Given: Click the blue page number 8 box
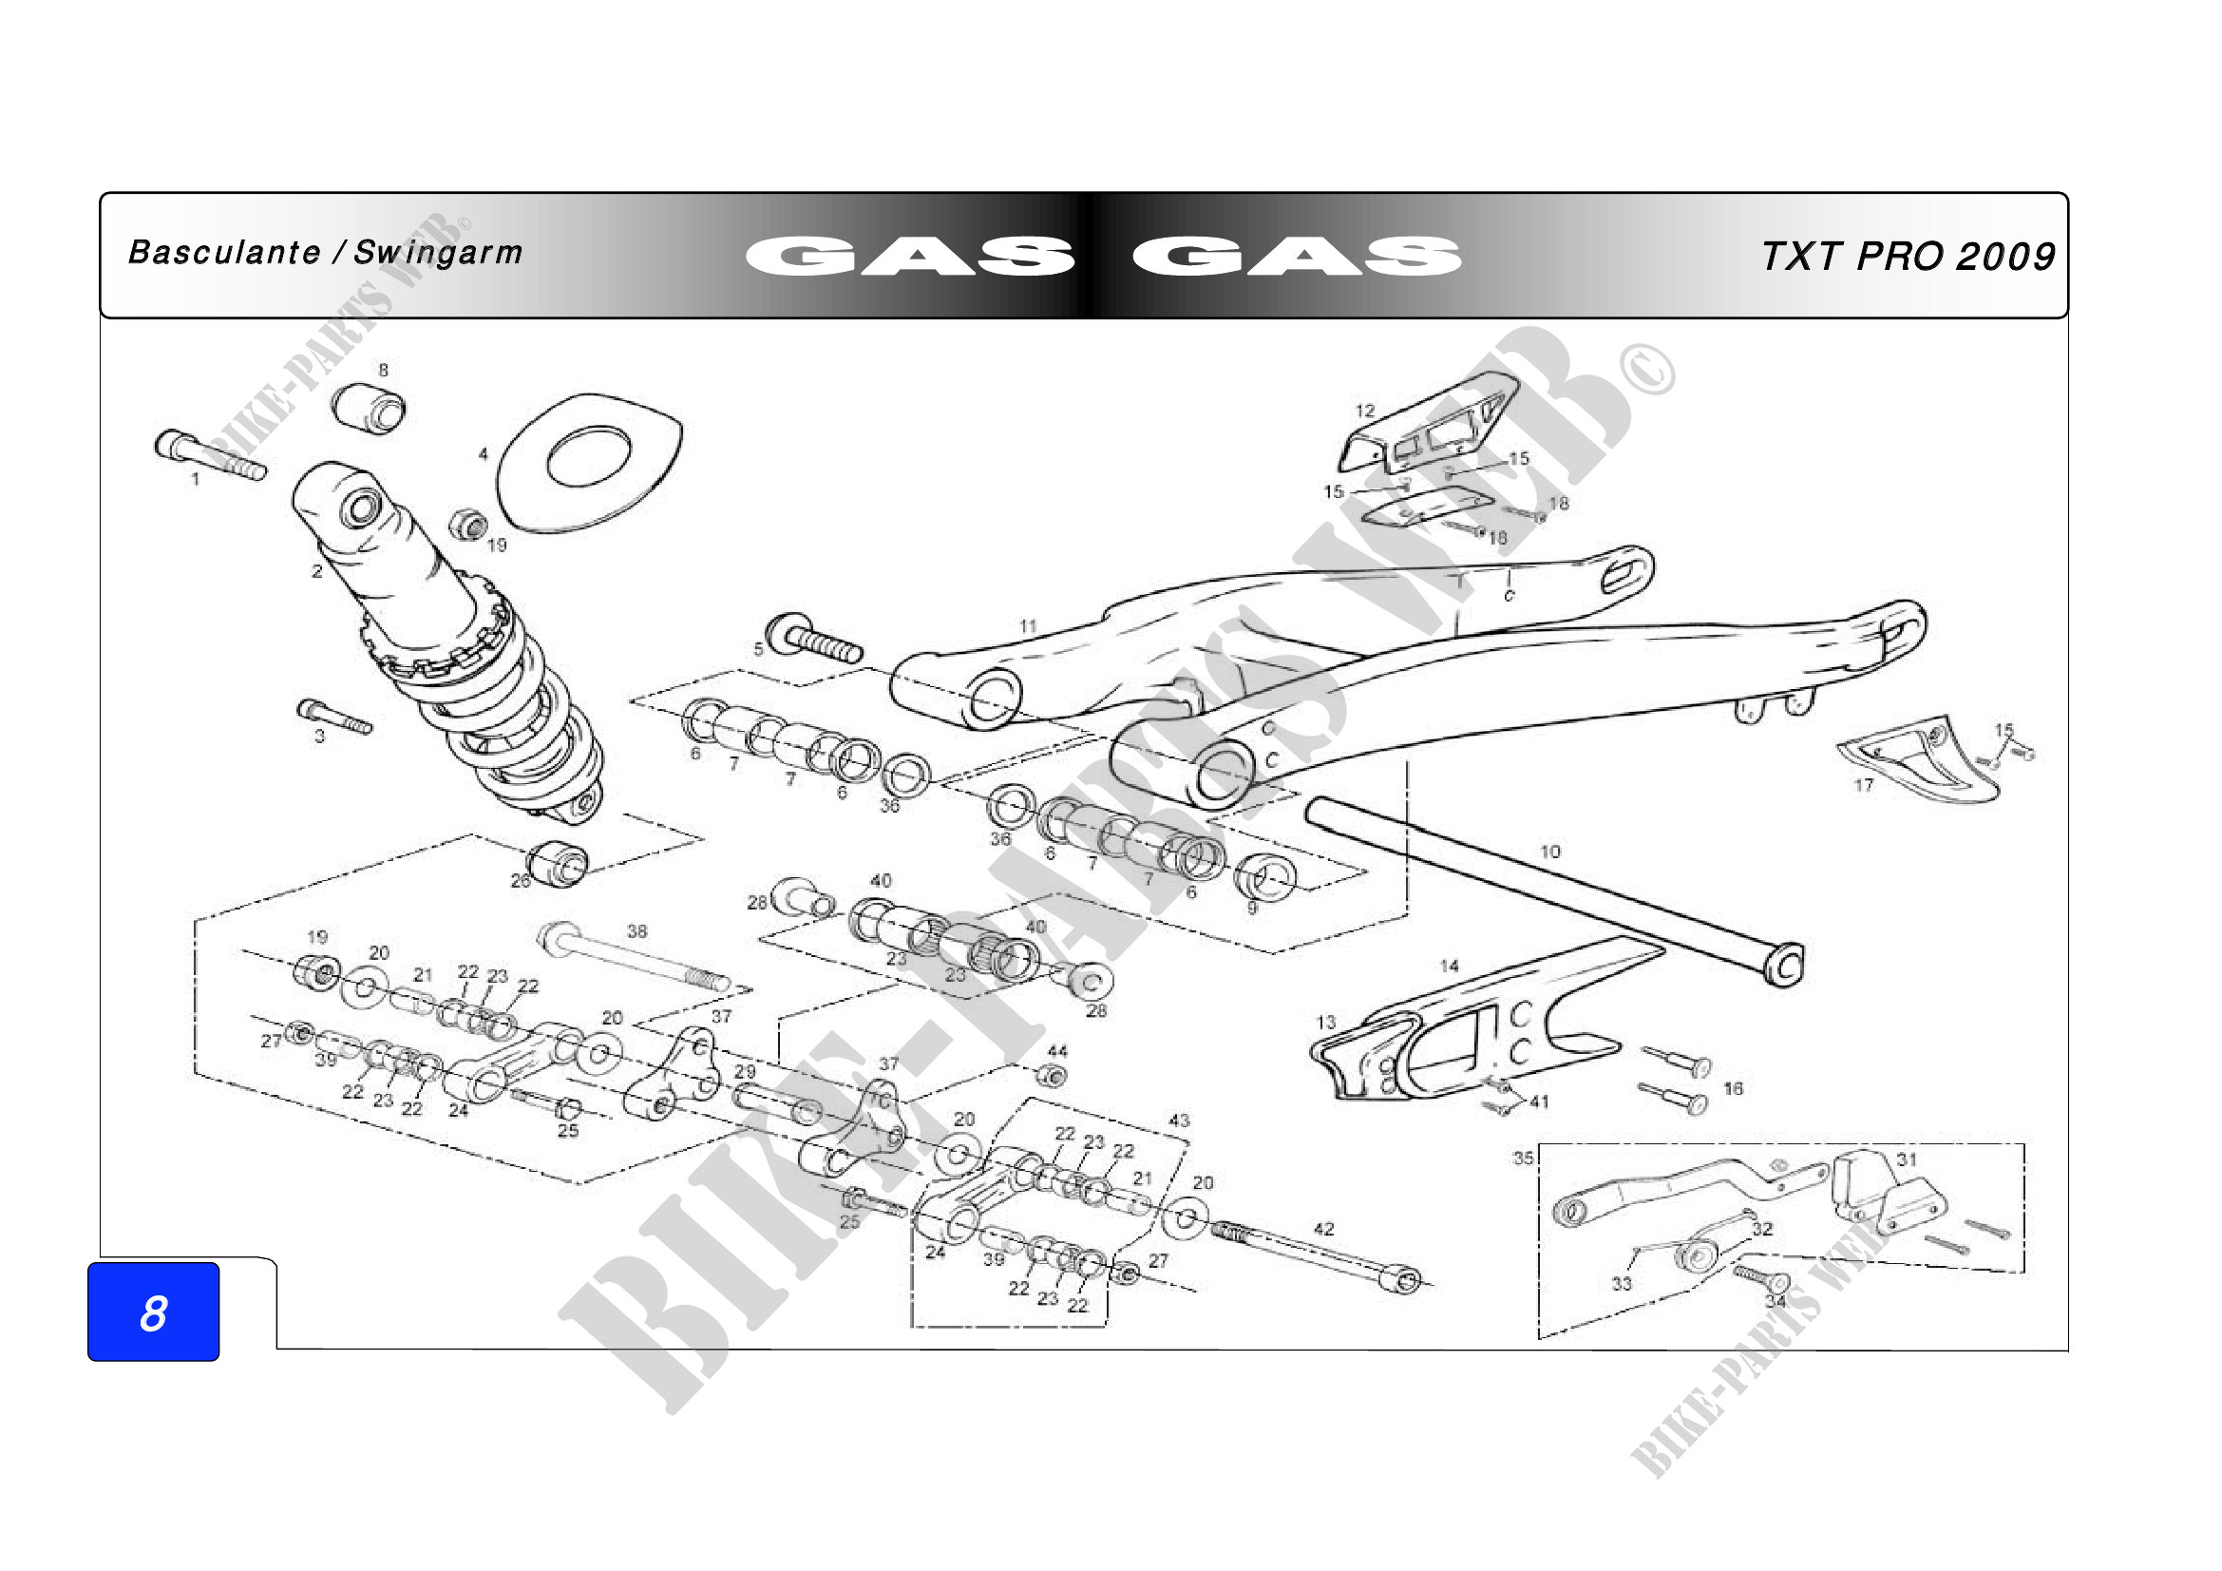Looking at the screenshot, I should [x=153, y=1312].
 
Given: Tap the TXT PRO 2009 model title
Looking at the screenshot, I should [x=1908, y=256].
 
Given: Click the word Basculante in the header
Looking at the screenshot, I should [x=223, y=253].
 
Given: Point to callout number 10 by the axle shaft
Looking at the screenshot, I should [x=1549, y=852].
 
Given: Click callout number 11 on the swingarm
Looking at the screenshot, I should [x=1028, y=626].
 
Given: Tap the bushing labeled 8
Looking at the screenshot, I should [x=369, y=407].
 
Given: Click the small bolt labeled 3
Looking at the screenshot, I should [x=333, y=718].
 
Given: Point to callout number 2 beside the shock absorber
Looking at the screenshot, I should [x=316, y=571].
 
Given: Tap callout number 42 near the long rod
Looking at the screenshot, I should [x=1323, y=1228].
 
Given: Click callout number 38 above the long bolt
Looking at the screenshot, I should [x=636, y=931].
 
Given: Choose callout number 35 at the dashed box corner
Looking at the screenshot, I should [x=1522, y=1158].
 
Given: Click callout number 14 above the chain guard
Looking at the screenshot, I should [x=1448, y=966].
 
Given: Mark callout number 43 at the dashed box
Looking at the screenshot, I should [x=1178, y=1120].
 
